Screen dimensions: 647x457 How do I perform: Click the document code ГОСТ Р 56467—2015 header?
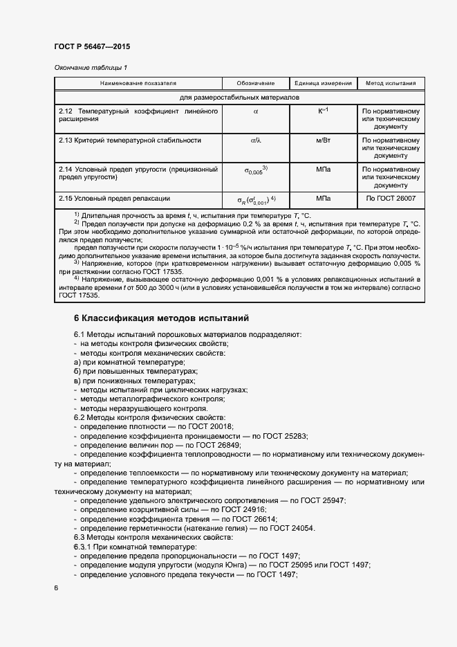(91, 46)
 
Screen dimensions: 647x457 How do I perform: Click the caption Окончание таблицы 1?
(91, 67)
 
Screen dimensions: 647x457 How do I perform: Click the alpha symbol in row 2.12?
(255, 111)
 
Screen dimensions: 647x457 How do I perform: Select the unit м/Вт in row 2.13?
(323, 140)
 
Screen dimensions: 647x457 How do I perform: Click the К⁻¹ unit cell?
(323, 111)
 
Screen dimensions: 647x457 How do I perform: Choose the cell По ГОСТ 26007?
(390, 199)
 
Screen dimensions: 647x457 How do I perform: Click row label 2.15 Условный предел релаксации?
(115, 199)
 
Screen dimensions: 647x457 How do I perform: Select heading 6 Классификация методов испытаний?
(161, 318)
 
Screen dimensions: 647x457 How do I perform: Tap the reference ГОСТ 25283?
(285, 436)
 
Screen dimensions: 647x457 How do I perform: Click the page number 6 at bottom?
(56, 587)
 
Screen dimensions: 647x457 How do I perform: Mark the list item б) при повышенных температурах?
(131, 372)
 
